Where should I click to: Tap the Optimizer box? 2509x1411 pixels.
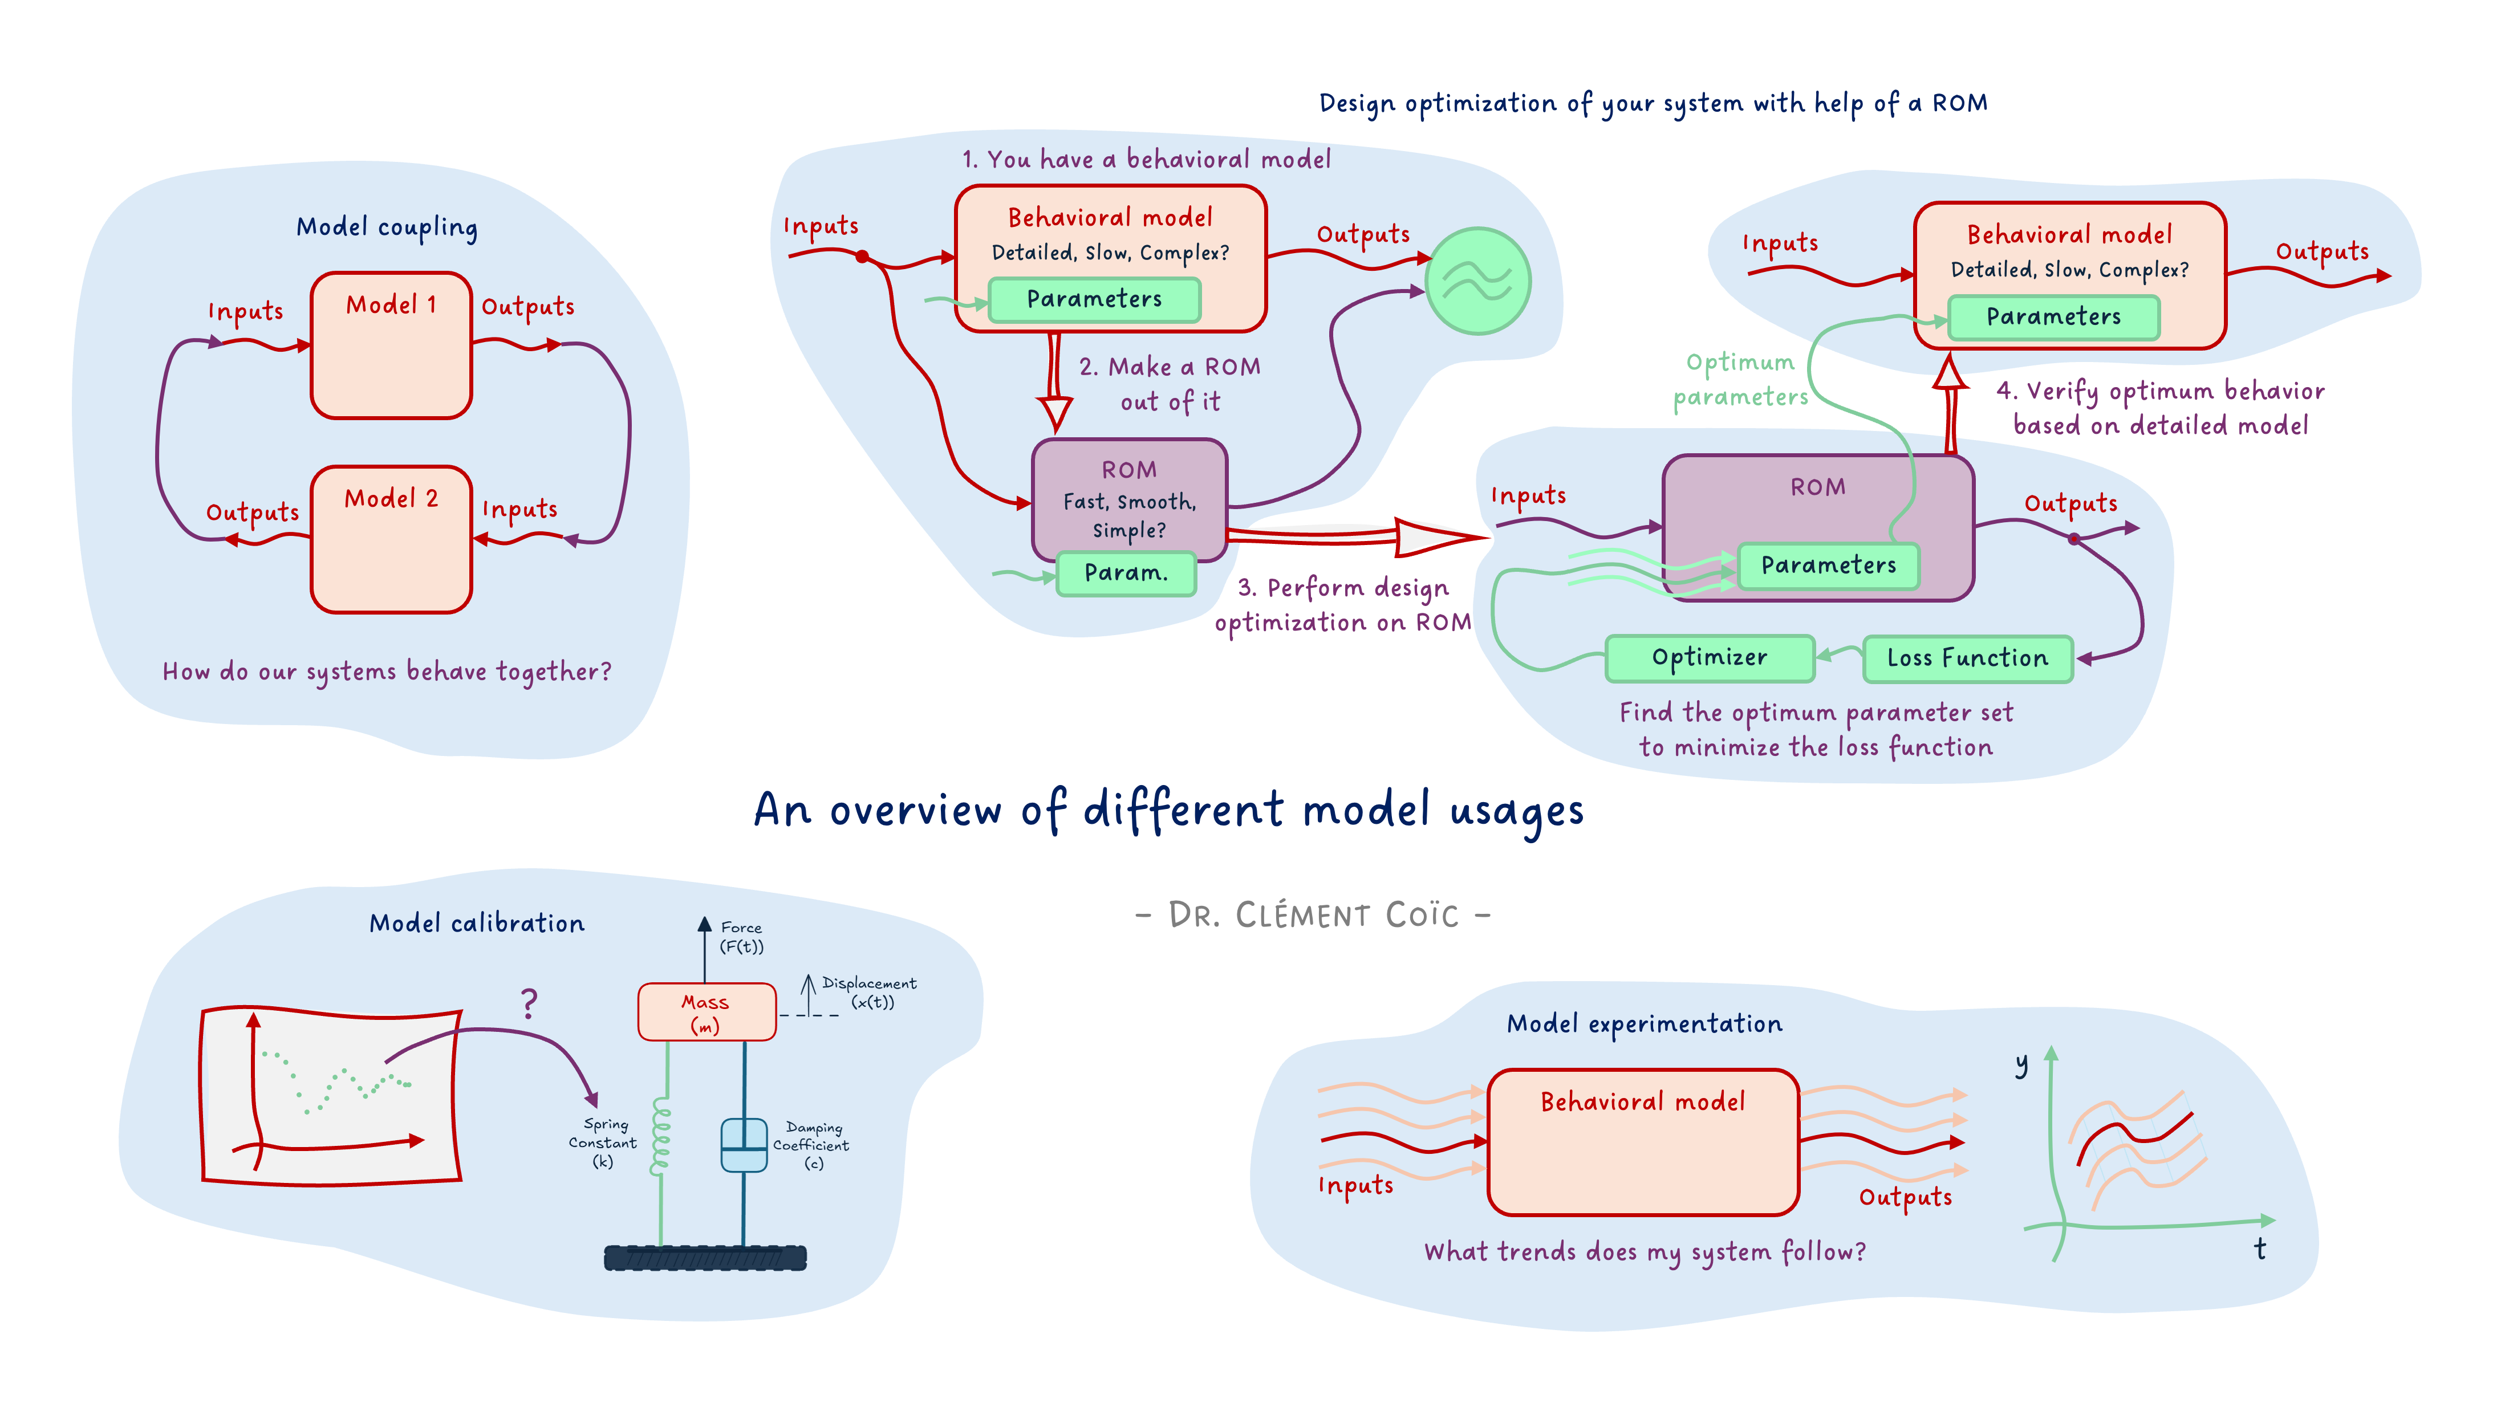coord(1710,658)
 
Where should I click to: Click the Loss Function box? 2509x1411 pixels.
coord(1967,658)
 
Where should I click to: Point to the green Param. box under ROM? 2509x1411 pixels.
coord(1126,572)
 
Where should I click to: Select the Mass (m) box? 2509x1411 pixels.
coord(706,1012)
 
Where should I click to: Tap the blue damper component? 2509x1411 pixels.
coord(743,1145)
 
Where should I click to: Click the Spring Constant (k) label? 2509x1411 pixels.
coord(604,1142)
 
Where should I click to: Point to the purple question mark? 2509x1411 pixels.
coord(529,1003)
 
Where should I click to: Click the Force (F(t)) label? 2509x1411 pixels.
coord(741,937)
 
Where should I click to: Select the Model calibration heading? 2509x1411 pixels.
coord(476,923)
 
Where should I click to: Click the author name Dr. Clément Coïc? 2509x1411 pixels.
coord(1313,916)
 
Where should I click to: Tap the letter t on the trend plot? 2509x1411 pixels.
coord(2260,1249)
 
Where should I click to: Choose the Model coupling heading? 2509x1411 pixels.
coord(387,227)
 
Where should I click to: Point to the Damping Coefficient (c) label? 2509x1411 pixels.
coord(811,1145)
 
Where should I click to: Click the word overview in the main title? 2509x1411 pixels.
coord(916,810)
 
